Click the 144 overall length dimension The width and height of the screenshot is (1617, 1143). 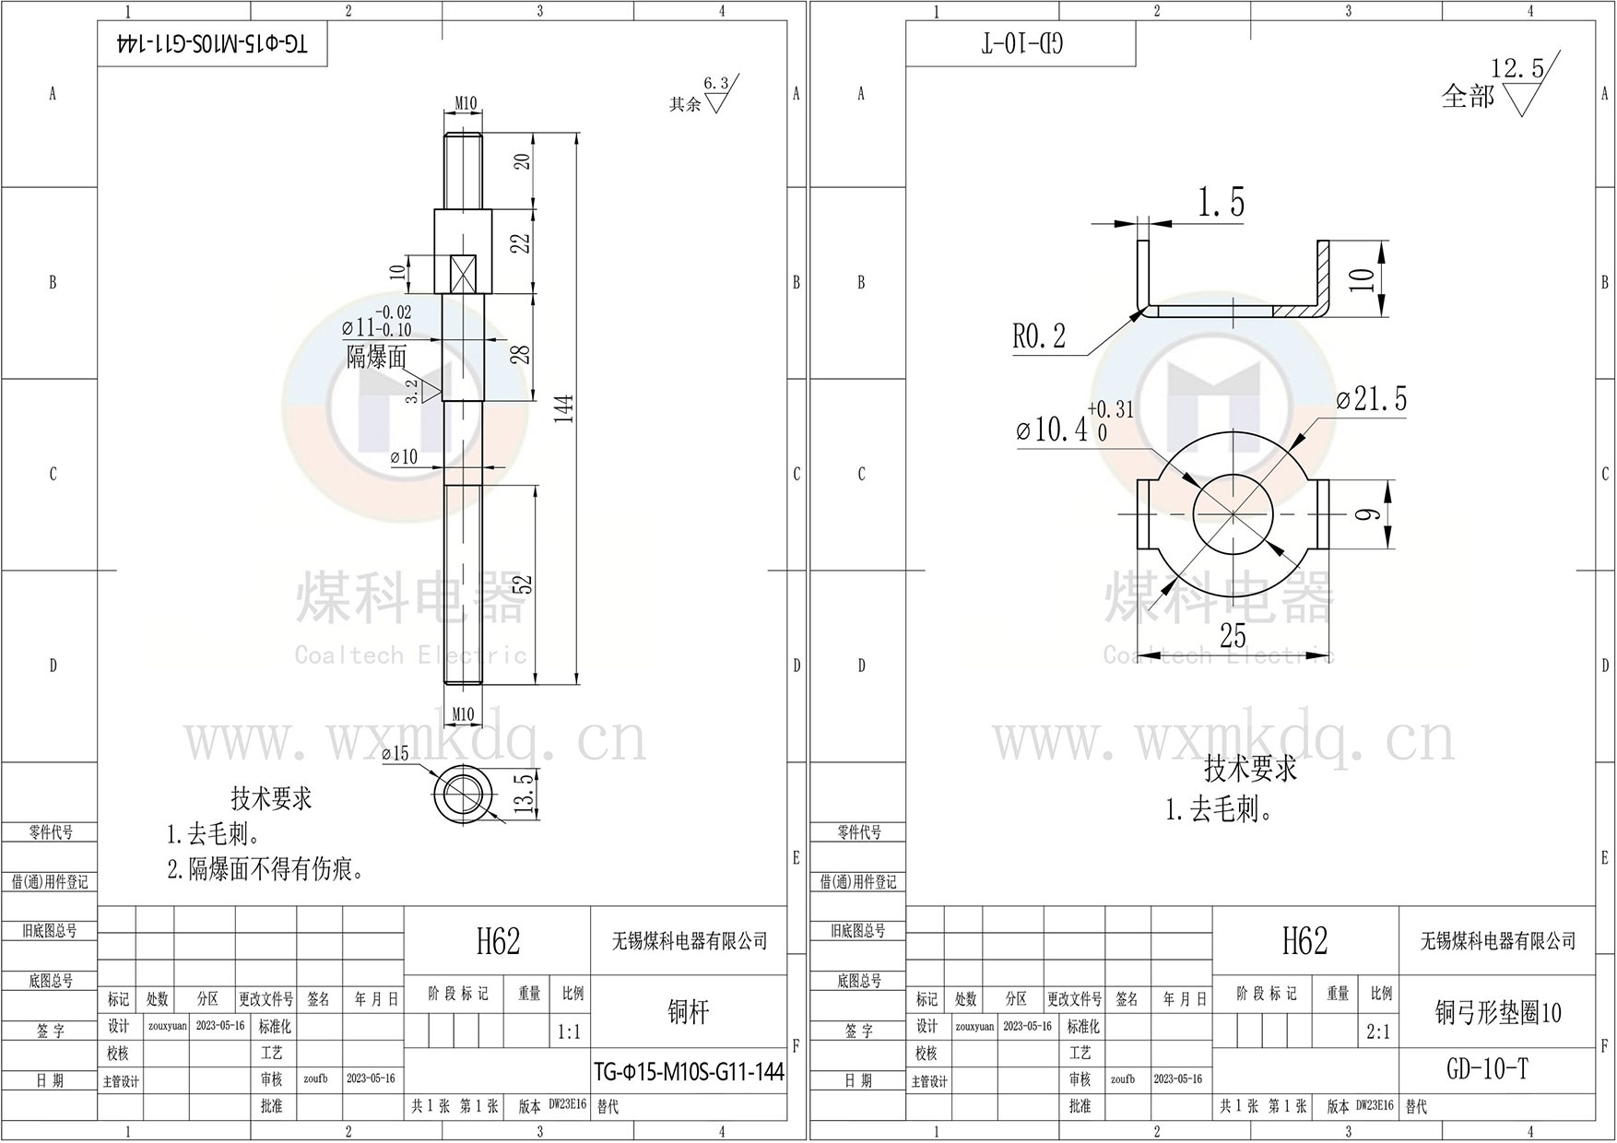(565, 407)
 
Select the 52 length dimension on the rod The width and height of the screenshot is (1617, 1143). (523, 584)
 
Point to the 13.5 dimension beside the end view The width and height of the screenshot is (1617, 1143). (524, 795)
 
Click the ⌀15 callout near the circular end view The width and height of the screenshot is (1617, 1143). (395, 754)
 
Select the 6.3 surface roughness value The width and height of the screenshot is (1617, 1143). (716, 84)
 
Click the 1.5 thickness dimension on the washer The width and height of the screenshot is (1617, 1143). (1222, 203)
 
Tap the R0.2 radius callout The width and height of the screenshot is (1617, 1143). (1039, 336)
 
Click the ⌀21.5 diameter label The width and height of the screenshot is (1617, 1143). (1372, 399)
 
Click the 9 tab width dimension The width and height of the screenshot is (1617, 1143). (1371, 513)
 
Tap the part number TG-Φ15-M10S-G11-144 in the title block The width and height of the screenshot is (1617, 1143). (689, 1071)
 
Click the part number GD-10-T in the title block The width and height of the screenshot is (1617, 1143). (1488, 1069)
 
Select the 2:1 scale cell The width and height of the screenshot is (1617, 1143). (1378, 1032)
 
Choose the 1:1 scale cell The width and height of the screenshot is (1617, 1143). (570, 1032)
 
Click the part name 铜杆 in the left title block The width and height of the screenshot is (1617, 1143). (688, 1012)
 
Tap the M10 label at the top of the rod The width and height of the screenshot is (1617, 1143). (466, 104)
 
